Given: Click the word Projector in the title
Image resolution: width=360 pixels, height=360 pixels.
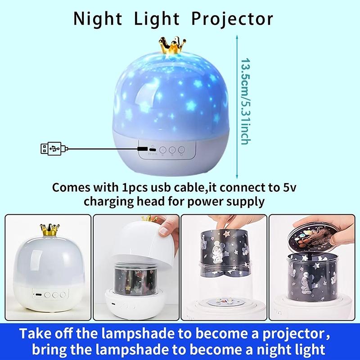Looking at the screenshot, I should pyautogui.click(x=233, y=19).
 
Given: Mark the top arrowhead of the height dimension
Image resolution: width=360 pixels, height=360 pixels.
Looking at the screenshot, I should pyautogui.click(x=234, y=39).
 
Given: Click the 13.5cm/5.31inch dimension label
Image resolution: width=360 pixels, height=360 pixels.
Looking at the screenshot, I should pyautogui.click(x=244, y=101).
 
